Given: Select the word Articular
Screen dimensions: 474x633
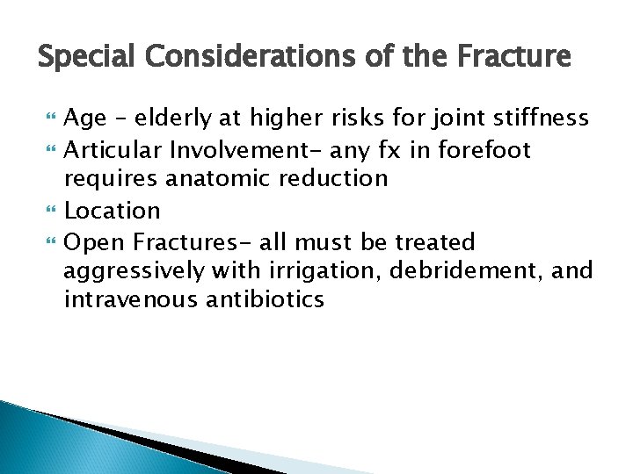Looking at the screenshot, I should [113, 150].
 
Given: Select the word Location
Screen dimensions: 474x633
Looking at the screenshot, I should [113, 211].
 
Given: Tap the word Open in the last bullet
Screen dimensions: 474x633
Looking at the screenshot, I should [92, 241].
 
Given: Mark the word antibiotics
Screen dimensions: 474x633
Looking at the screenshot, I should [266, 299].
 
